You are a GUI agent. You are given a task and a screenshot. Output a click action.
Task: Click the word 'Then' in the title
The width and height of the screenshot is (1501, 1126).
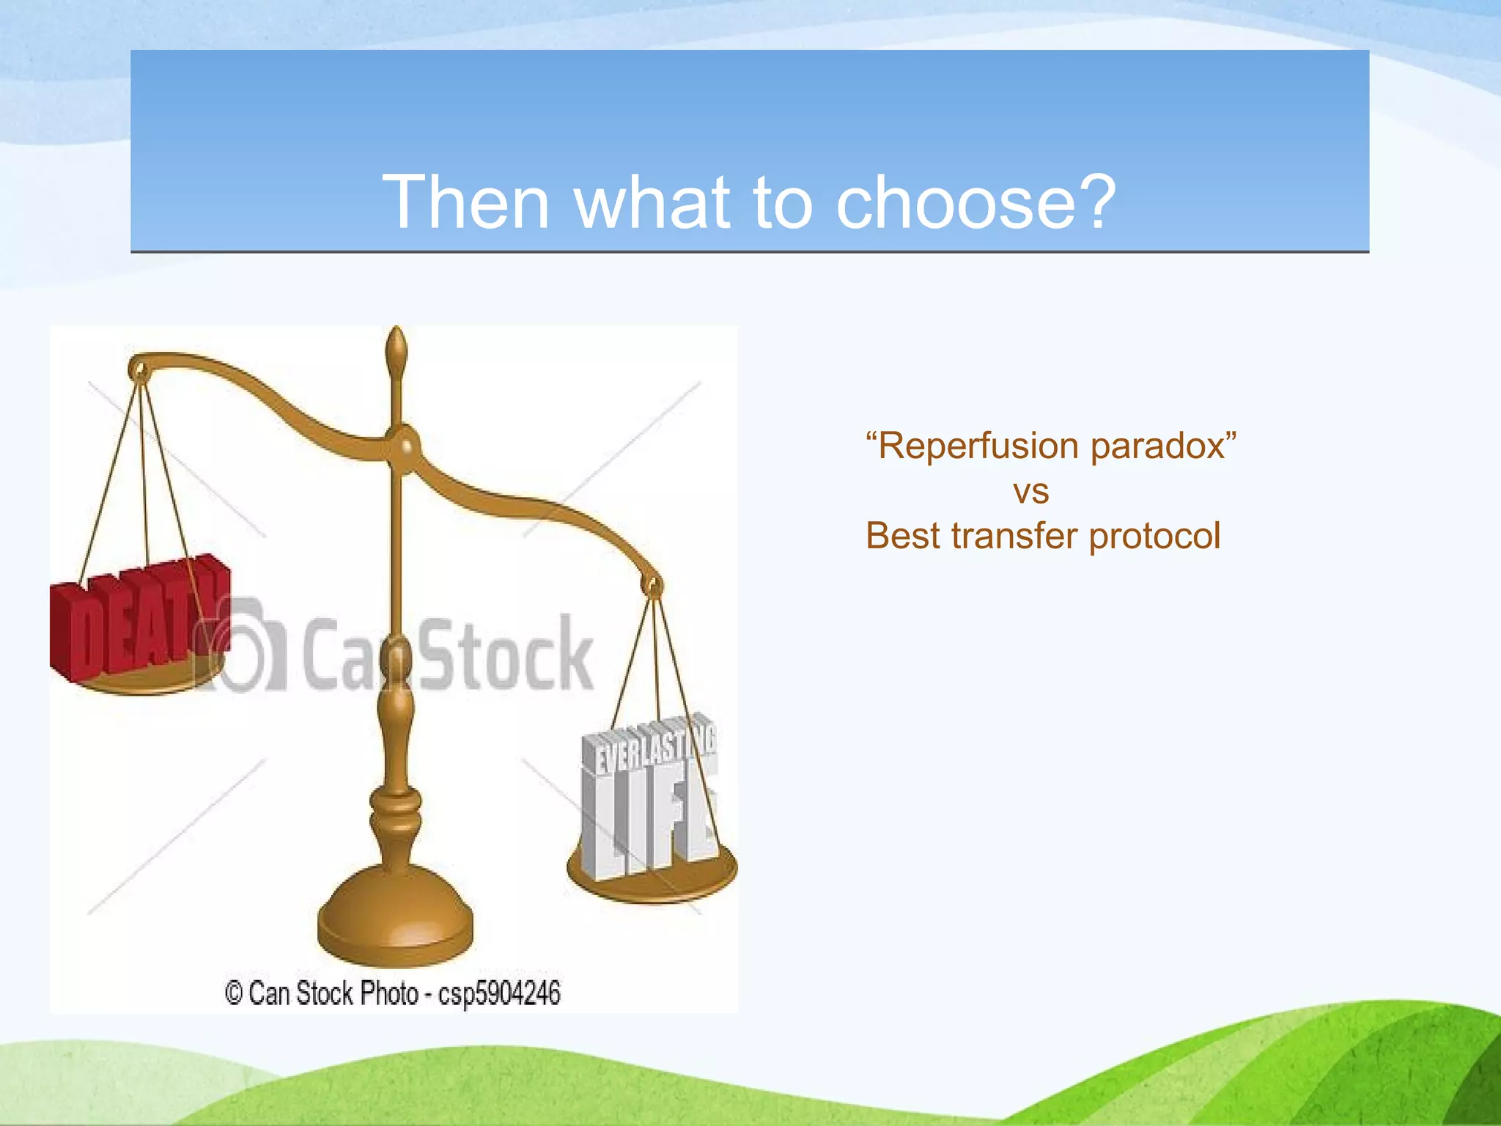(465, 202)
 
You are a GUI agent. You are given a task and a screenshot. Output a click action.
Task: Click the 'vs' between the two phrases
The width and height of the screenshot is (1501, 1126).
(1031, 492)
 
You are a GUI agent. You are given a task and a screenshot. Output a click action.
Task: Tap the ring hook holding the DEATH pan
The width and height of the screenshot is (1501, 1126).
(139, 369)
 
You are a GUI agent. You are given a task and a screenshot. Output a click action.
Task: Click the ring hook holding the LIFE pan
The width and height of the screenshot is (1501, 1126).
(652, 585)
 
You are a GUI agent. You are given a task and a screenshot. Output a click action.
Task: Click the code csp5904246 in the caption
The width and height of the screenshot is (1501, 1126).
(499, 994)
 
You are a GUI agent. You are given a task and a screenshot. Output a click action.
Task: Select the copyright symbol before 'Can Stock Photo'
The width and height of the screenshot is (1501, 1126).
(233, 994)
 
